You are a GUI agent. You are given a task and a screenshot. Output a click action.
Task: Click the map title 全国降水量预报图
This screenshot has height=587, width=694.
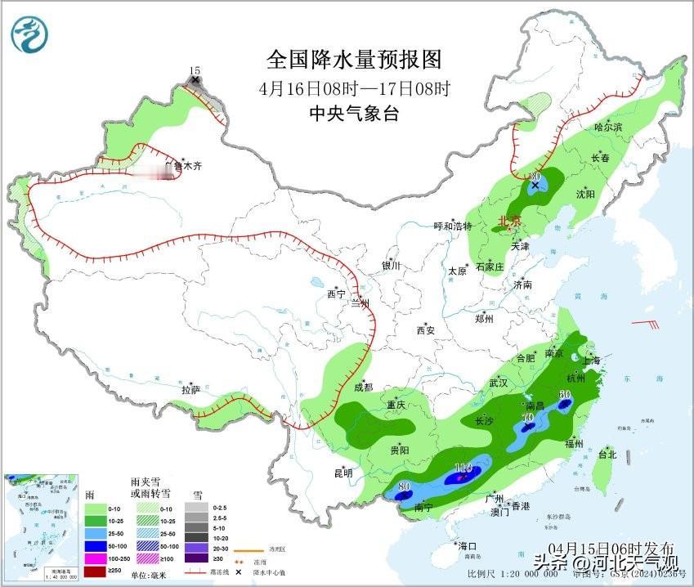tap(354, 60)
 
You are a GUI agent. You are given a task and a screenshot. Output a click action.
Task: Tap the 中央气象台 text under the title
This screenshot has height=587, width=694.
tap(354, 114)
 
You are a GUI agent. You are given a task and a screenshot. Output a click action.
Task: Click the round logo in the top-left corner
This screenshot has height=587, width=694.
tap(30, 34)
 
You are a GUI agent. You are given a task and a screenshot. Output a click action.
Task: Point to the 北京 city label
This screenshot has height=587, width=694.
tap(511, 221)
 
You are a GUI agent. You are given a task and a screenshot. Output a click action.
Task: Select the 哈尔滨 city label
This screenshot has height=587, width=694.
tap(608, 127)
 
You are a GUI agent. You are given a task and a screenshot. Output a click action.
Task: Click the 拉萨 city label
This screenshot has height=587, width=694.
tap(190, 390)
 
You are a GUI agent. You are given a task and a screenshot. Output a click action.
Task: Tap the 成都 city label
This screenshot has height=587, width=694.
tap(364, 388)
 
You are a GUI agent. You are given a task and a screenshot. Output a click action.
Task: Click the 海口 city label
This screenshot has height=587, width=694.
tap(467, 545)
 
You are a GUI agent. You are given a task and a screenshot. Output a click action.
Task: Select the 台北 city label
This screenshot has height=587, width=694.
tap(607, 454)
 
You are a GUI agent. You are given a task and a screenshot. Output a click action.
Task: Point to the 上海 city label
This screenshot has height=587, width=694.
tap(592, 361)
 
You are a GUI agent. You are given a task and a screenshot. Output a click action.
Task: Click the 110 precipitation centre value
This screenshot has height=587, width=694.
tap(463, 468)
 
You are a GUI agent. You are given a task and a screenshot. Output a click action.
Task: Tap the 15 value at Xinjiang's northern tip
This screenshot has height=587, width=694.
tap(195, 72)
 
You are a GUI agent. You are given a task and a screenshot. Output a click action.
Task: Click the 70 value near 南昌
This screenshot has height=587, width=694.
tap(528, 417)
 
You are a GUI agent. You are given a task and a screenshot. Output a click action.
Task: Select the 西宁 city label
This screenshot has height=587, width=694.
tap(337, 293)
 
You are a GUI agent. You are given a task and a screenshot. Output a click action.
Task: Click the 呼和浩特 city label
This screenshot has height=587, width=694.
tap(452, 226)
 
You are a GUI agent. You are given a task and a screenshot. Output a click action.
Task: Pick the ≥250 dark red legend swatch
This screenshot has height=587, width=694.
tap(96, 569)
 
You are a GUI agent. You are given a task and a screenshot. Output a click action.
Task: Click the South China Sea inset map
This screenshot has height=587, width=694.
tap(41, 523)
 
